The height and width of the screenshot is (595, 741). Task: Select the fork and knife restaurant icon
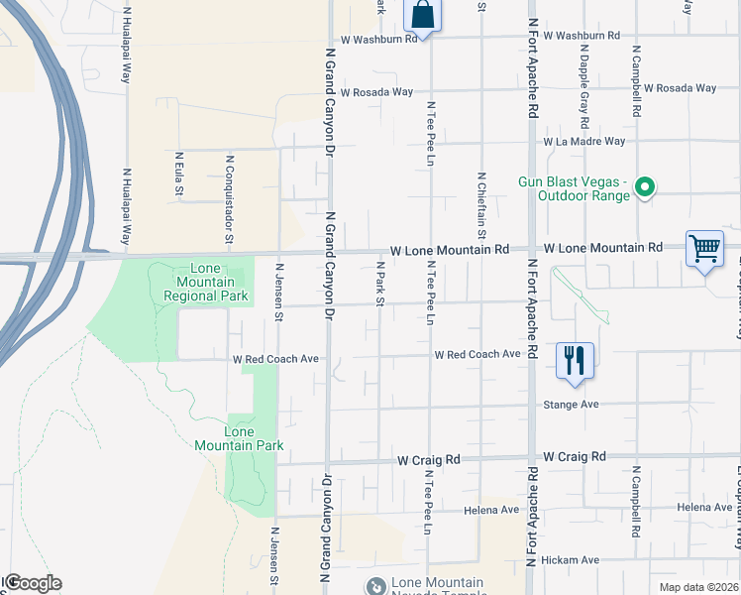575,361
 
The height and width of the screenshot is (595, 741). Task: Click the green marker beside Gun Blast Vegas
645,186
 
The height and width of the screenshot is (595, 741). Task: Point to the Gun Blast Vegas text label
575,188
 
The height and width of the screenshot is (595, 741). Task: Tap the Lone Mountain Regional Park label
192,283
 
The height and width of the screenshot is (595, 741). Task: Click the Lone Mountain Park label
240,438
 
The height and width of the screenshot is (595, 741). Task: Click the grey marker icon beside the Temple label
375,587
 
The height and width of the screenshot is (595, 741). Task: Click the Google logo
33,583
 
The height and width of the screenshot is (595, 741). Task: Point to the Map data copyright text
697,587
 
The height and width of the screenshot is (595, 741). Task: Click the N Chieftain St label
480,204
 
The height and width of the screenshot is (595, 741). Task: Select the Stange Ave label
571,405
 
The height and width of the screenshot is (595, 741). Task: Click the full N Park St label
379,284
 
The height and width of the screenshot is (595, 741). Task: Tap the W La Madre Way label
583,142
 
